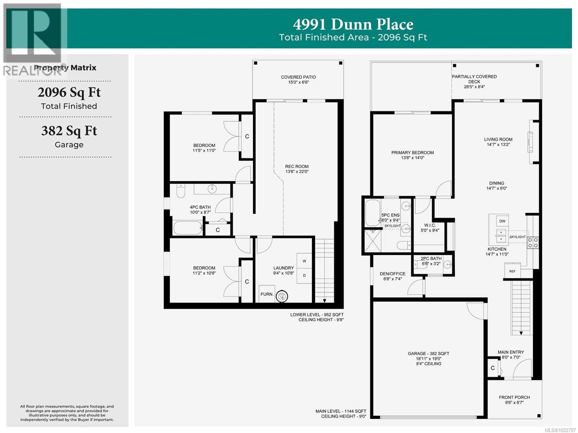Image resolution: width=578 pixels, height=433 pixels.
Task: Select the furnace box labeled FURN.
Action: pyautogui.click(x=267, y=294)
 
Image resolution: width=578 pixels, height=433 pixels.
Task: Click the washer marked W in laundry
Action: pyautogui.click(x=304, y=261)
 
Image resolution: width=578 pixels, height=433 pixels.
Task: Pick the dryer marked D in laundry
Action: pyautogui.click(x=304, y=275)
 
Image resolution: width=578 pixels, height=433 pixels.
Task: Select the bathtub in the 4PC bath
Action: pyautogui.click(x=187, y=228)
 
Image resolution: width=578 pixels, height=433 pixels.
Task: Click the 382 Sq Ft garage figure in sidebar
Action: pyautogui.click(x=69, y=131)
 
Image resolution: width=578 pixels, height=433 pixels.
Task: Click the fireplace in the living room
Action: pyautogui.click(x=530, y=142)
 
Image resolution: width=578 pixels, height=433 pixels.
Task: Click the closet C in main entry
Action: pyautogui.click(x=493, y=368)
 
